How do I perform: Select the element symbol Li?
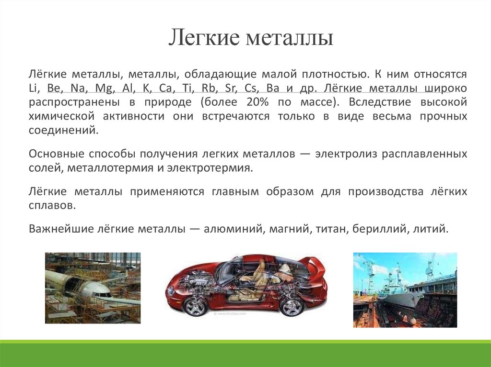click(x=34, y=89)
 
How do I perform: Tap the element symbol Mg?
click(x=102, y=89)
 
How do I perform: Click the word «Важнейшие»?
click(x=56, y=229)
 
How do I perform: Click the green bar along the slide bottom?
click(x=245, y=354)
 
